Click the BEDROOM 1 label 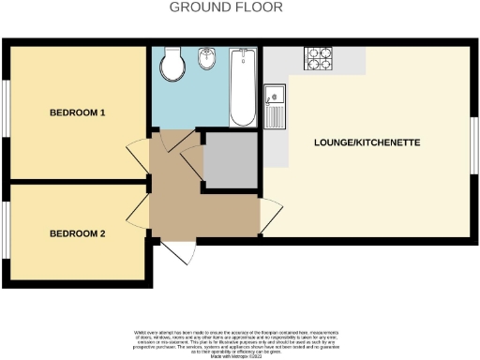click(x=77, y=113)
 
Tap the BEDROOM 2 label click(x=77, y=233)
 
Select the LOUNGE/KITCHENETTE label click(x=367, y=142)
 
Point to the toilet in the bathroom click(x=172, y=65)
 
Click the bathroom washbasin click(x=207, y=63)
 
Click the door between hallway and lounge click(x=269, y=217)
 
